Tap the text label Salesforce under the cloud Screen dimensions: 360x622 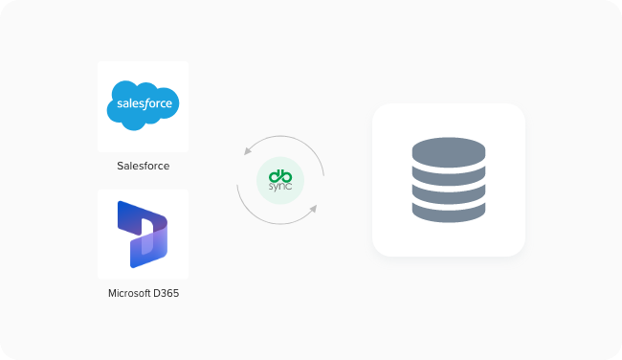(x=144, y=166)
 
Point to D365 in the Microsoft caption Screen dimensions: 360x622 (x=167, y=293)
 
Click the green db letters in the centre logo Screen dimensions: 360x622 (x=280, y=174)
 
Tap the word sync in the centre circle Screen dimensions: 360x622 (x=280, y=187)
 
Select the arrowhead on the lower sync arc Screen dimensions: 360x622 (x=314, y=206)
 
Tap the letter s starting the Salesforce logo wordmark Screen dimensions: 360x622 (x=117, y=103)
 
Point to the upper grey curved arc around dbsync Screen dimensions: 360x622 (x=287, y=140)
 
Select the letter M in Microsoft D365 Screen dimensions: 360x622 (x=113, y=293)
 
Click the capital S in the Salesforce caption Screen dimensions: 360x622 (x=120, y=166)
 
